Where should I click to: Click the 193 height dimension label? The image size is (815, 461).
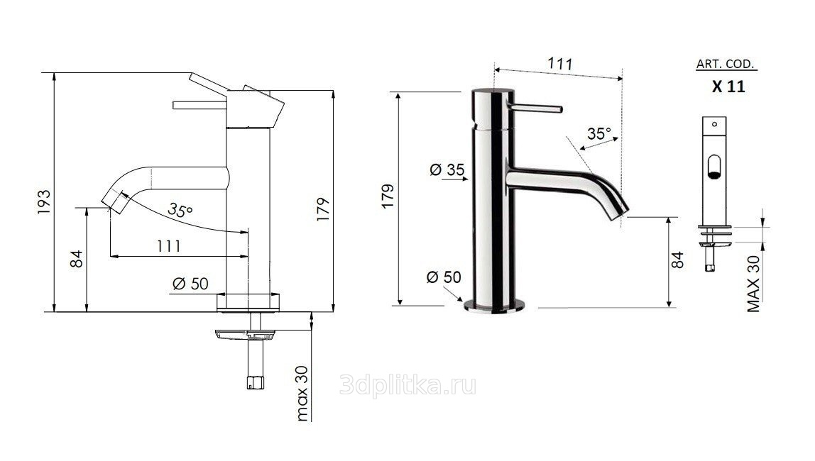point(44,202)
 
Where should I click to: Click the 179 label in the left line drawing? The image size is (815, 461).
point(323,209)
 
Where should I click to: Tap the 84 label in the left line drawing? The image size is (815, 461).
point(77,259)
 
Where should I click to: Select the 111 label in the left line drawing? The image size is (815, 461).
point(169,245)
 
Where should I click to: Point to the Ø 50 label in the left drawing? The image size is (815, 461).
point(190,284)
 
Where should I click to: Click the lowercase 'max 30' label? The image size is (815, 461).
point(302,393)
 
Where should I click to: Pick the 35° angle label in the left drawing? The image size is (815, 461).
point(180,210)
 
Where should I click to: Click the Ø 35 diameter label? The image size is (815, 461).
point(447,170)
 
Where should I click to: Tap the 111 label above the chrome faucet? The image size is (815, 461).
point(560,63)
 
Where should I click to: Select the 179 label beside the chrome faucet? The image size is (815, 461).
point(388,196)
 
